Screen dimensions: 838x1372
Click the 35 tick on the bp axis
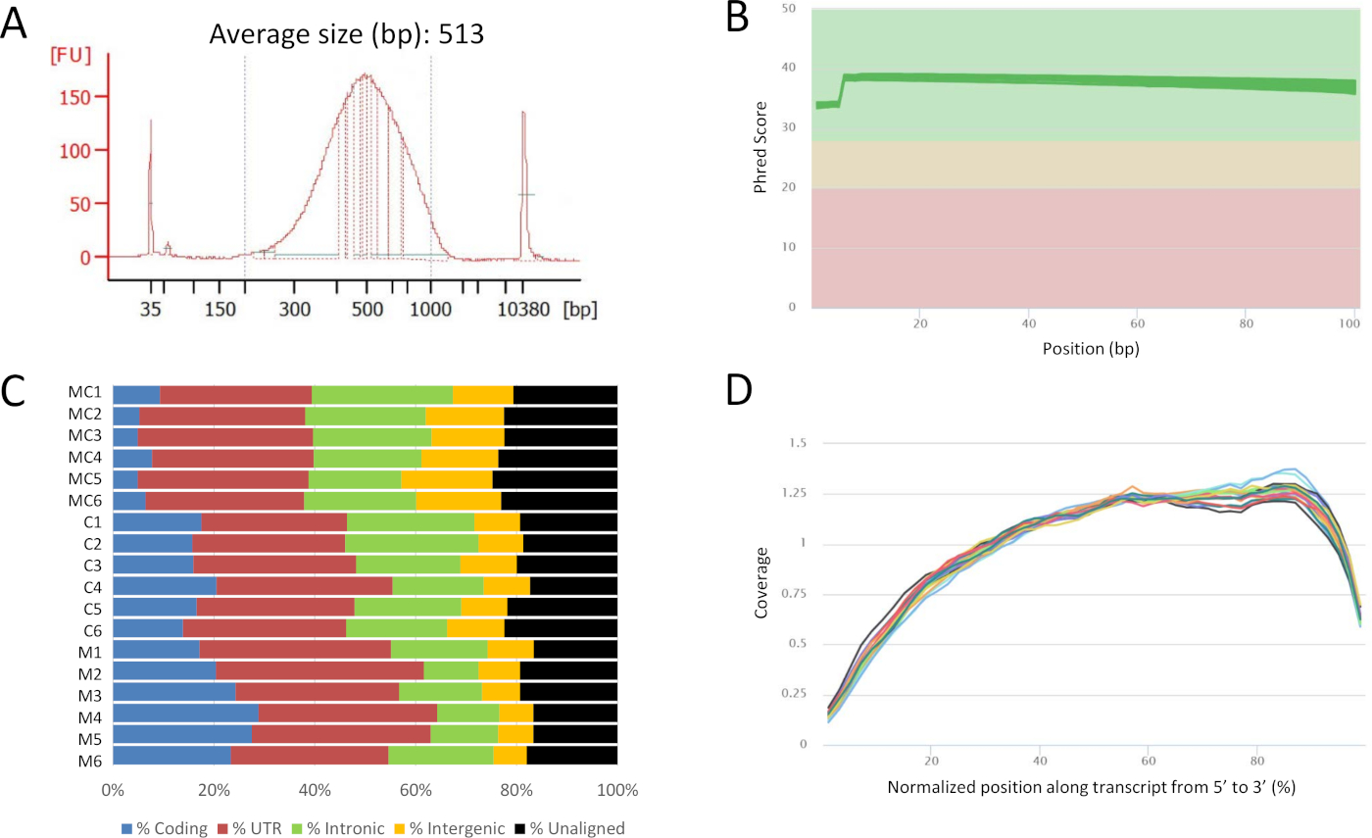[150, 309]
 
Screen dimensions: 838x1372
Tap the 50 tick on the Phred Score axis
[790, 9]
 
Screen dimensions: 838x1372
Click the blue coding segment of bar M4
[185, 713]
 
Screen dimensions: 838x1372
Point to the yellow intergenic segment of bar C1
[497, 522]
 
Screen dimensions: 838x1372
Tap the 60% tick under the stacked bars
[416, 790]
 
